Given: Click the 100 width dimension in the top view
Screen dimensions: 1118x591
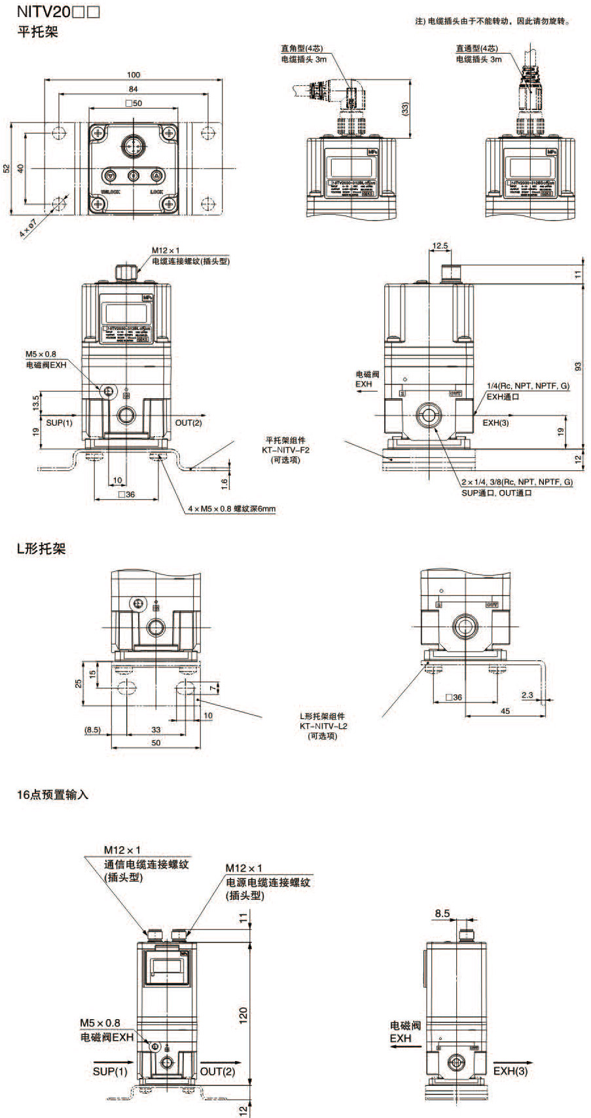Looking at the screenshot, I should (134, 75).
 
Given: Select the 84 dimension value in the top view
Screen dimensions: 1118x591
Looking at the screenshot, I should (133, 89).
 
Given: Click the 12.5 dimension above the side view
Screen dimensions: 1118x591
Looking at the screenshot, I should (440, 247).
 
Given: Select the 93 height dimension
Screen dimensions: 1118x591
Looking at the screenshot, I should (577, 365).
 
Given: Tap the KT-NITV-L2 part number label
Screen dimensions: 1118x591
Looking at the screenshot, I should (323, 726).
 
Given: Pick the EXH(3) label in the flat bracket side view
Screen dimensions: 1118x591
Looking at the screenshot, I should (495, 423).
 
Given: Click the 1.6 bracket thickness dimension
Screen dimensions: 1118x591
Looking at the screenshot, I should (224, 483).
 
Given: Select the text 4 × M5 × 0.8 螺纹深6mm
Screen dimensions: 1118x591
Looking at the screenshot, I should (232, 509).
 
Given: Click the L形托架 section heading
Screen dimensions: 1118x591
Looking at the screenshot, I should (41, 549).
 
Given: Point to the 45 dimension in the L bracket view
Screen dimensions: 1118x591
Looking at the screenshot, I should (505, 711).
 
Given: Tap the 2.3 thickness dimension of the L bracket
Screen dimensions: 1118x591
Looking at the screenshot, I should (528, 696).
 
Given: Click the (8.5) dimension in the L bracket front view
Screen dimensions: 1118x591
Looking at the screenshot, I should (92, 730).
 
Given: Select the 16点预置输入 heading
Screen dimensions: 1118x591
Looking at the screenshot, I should (52, 795).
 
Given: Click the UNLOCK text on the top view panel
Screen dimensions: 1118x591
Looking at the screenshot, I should (110, 192).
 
